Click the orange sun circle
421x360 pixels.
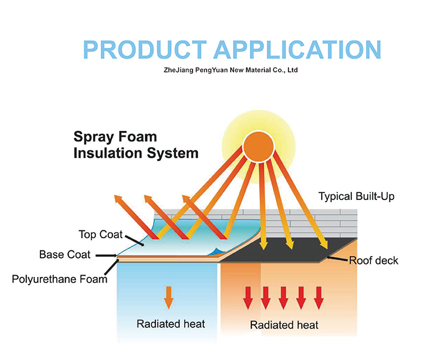[259, 147]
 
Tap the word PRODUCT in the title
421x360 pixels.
[145, 49]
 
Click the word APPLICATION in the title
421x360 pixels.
[297, 49]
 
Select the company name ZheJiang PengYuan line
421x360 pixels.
[231, 70]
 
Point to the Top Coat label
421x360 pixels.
[100, 235]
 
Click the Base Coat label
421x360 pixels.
[65, 254]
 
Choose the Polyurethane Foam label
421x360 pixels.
[60, 279]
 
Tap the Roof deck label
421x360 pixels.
[373, 261]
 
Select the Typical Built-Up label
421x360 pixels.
[356, 197]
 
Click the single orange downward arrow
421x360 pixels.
[168, 298]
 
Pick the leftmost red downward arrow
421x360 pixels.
[248, 298]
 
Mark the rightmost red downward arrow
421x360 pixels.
[319, 298]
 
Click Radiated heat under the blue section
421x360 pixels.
[171, 324]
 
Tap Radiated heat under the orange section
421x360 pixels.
[284, 325]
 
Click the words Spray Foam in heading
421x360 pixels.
[115, 137]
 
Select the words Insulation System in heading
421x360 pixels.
[136, 153]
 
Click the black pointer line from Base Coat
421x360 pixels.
[106, 256]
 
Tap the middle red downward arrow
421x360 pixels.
[283, 298]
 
